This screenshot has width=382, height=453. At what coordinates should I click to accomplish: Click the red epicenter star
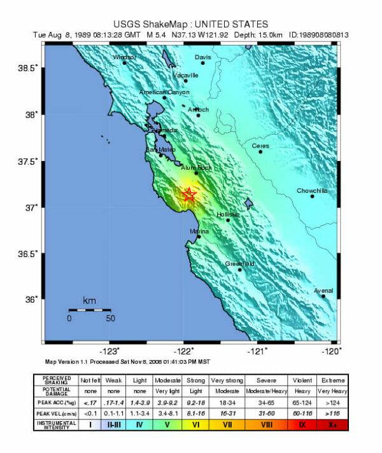[188, 195]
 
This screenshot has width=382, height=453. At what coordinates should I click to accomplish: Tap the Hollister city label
[228, 214]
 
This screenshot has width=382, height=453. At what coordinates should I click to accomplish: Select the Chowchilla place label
[312, 191]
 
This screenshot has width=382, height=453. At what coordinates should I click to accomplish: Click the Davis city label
[202, 57]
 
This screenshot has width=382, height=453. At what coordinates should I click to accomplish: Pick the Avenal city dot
[323, 296]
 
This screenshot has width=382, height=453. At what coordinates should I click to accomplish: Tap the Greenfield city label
[239, 263]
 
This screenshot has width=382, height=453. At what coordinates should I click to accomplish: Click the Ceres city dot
[260, 151]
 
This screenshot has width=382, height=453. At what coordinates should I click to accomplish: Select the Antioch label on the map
[198, 109]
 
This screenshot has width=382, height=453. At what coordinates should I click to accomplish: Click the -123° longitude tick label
[111, 351]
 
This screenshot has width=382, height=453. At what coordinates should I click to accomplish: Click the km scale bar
[90, 310]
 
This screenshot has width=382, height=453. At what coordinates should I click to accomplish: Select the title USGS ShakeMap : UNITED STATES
[190, 24]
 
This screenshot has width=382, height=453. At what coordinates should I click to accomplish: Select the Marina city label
[199, 231]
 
